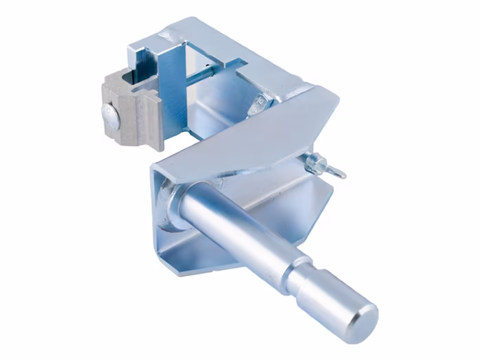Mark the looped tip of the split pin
tap(340, 172)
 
